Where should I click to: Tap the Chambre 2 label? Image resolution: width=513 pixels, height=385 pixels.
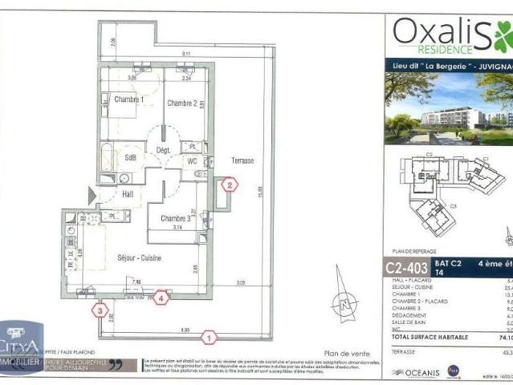click(x=181, y=103)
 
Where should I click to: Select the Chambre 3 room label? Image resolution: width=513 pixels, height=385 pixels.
click(x=176, y=218)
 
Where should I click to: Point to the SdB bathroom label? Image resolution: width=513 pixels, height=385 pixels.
click(x=130, y=158)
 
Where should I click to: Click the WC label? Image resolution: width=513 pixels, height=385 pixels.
click(x=192, y=160)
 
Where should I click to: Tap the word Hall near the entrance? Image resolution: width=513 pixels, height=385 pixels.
click(x=128, y=193)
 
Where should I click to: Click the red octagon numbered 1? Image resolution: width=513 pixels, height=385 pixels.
click(x=209, y=338)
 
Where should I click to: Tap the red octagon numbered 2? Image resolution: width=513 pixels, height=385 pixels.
click(x=230, y=185)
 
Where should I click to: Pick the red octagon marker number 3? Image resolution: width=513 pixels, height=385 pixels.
click(x=100, y=308)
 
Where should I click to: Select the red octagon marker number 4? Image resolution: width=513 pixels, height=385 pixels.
click(x=163, y=297)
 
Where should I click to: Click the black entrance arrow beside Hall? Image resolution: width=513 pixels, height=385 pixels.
click(x=93, y=195)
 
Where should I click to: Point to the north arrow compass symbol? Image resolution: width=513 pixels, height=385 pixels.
click(x=345, y=304)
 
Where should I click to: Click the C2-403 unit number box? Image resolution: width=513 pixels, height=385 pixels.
click(x=407, y=266)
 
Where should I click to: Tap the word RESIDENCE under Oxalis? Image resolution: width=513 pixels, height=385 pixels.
click(x=424, y=50)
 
